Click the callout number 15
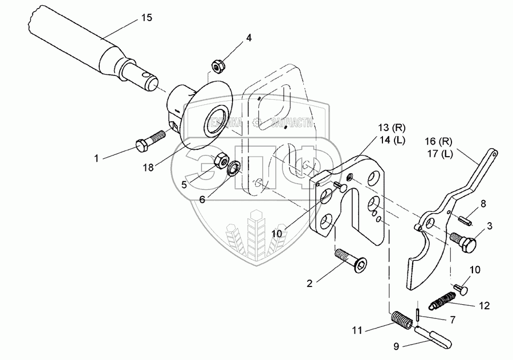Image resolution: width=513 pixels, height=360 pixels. click(146, 18)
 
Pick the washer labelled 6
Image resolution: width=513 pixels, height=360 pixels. click(233, 169)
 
